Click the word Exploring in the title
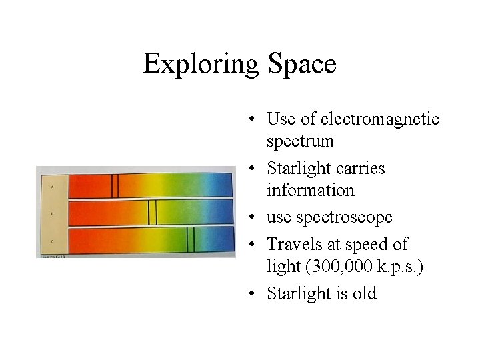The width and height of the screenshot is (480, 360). [x=200, y=65]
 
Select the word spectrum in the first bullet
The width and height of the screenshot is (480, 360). [x=300, y=141]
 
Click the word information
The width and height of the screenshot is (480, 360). [x=311, y=191]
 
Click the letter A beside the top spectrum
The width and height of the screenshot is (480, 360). [x=52, y=187]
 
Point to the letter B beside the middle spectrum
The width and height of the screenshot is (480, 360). [x=52, y=214]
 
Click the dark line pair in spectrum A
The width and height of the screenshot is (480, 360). [x=115, y=186]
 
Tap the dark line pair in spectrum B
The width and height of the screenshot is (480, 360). [x=152, y=213]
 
